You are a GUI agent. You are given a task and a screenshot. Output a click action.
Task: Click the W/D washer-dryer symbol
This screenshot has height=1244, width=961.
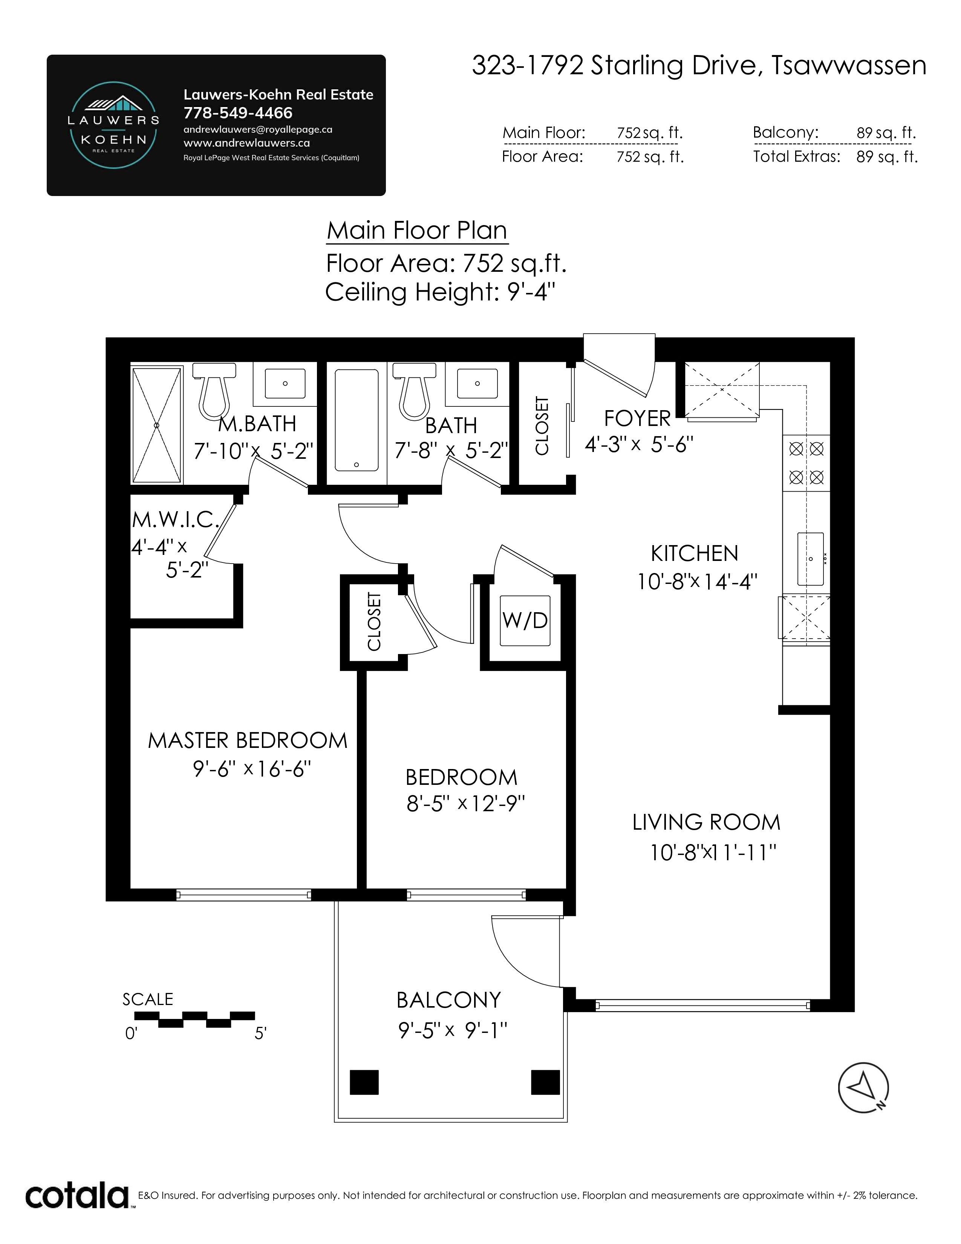[525, 620]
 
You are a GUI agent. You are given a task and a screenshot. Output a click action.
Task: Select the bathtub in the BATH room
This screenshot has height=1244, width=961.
[357, 420]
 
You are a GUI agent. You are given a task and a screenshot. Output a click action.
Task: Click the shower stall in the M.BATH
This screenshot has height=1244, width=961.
[156, 425]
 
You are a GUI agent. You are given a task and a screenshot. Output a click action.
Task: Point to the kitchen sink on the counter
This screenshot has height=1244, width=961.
[811, 559]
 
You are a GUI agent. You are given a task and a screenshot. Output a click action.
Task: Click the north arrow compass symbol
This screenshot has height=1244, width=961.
[863, 1087]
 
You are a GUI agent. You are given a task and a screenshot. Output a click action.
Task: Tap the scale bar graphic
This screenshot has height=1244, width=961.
[195, 1019]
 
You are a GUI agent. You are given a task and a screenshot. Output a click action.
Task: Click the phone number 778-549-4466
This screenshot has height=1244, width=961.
[238, 113]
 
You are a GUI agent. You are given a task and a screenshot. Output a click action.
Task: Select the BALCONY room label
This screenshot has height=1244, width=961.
[448, 1000]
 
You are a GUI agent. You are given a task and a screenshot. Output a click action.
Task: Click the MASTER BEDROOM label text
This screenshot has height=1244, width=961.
[248, 740]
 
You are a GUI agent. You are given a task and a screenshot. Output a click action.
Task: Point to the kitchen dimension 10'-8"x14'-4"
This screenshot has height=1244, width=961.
[697, 582]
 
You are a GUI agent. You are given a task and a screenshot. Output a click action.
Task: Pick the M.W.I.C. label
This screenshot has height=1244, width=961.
[175, 519]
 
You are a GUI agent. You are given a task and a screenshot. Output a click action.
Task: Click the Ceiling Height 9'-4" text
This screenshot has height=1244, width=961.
[440, 292]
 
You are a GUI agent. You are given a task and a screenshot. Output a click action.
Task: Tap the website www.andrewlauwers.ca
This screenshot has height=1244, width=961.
[246, 143]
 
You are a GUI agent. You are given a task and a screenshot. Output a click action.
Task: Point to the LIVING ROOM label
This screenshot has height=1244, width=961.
[706, 823]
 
